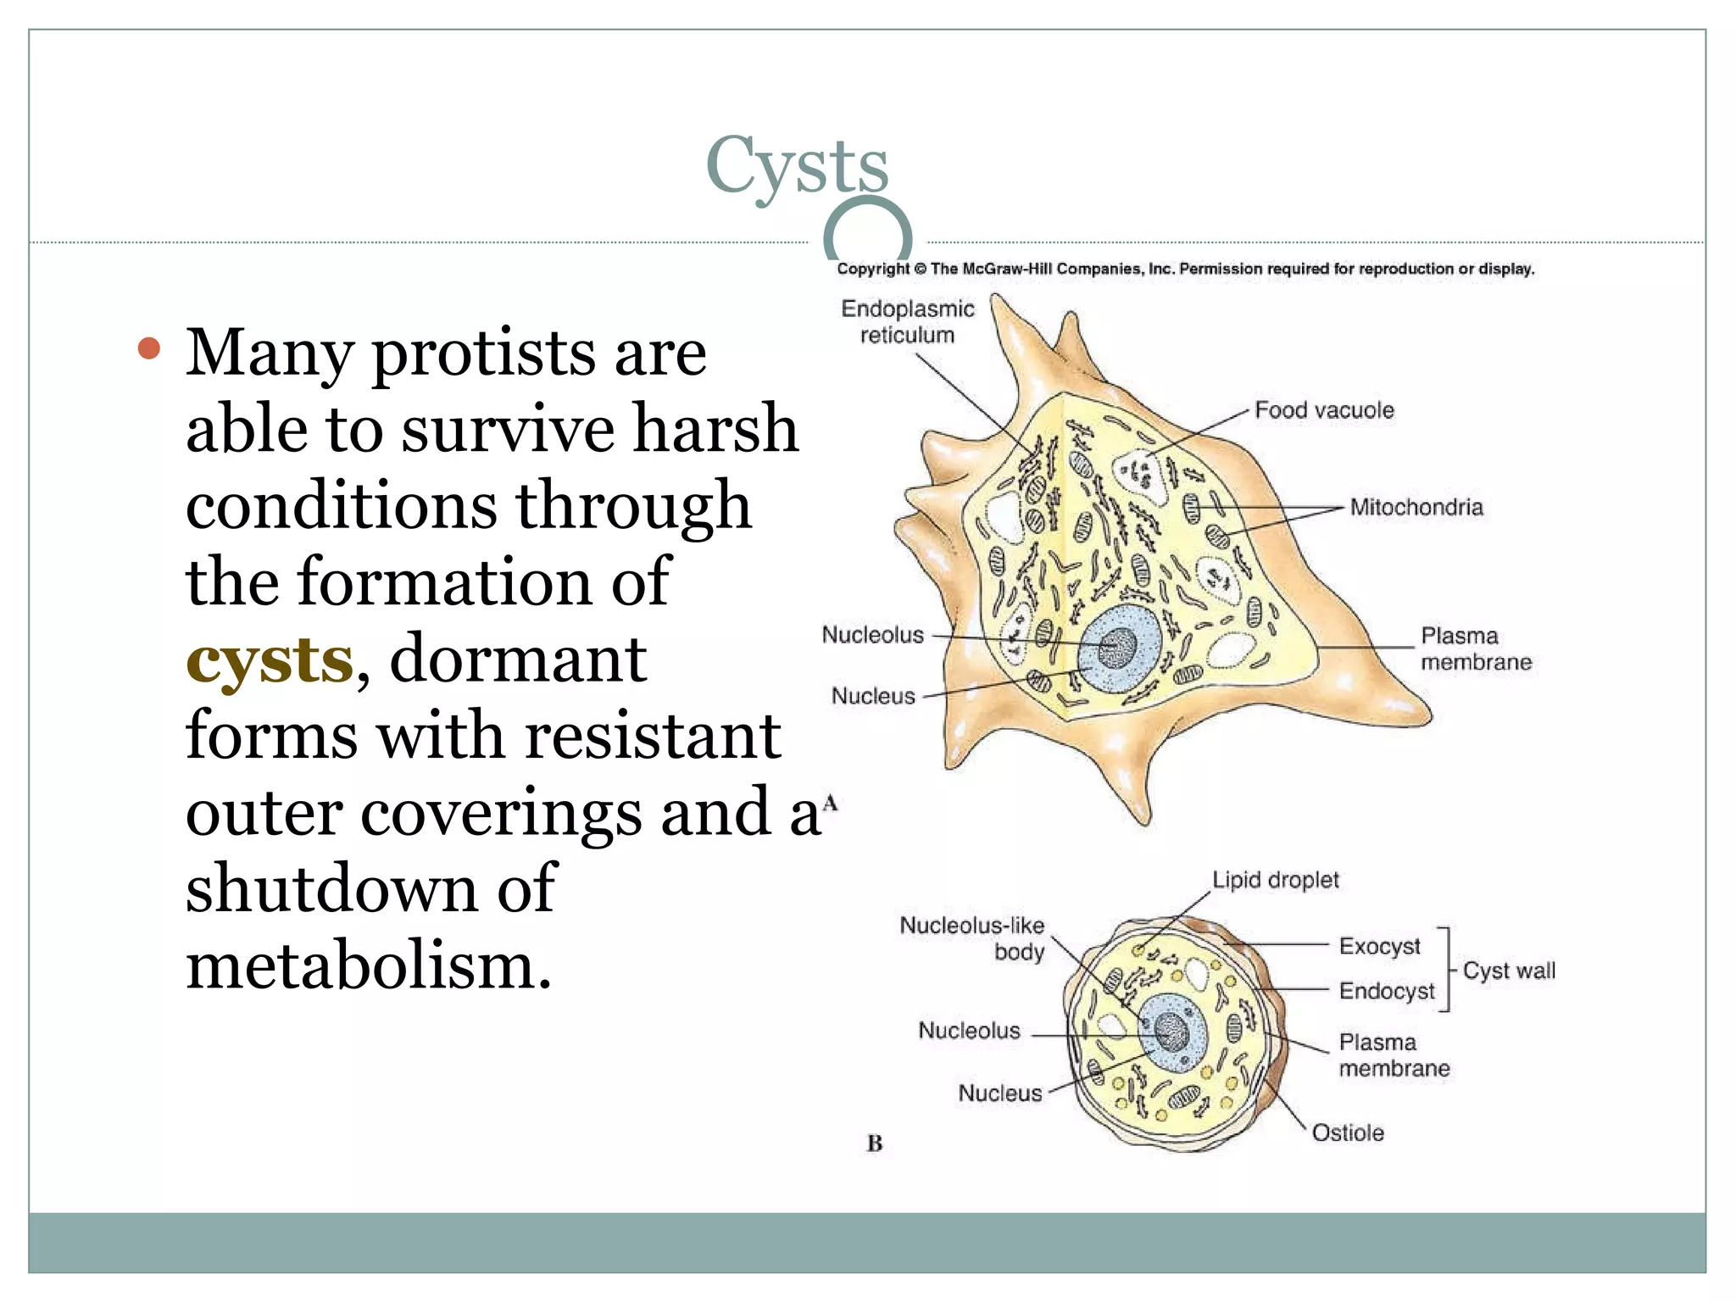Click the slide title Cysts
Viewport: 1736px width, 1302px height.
coord(797,166)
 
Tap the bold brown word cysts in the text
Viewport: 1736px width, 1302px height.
coord(269,660)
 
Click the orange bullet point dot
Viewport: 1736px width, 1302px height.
coord(149,348)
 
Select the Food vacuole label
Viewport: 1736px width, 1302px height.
coord(1324,410)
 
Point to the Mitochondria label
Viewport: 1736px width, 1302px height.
coord(1416,508)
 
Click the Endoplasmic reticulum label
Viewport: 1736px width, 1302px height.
coord(907,322)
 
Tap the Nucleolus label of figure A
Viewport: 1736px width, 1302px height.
coord(872,635)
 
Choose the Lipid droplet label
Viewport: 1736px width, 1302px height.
coord(1275,880)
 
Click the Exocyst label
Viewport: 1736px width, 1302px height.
coord(1379,946)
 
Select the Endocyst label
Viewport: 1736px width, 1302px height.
coord(1387,991)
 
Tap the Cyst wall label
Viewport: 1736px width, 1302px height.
coord(1509,971)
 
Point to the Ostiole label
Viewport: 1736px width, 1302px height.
coord(1348,1133)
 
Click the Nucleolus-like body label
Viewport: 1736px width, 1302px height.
coord(972,938)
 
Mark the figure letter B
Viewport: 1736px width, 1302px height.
coord(875,1143)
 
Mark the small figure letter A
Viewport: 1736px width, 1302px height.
coord(830,803)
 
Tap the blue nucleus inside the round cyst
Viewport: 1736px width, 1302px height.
coord(1172,1032)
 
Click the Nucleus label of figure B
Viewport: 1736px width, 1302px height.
coord(999,1093)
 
